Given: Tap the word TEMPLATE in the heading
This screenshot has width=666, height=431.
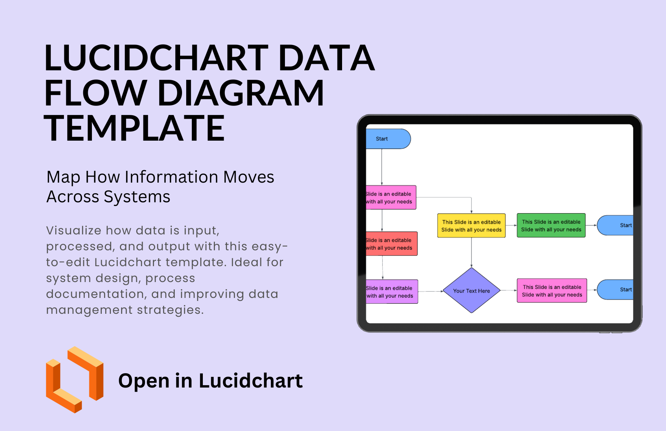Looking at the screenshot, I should tap(134, 129).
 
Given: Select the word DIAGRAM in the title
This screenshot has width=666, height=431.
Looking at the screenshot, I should tap(241, 93).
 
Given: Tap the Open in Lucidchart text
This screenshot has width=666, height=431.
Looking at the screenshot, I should tap(210, 381).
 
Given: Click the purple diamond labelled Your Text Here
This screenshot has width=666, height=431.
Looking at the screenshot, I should tap(471, 290).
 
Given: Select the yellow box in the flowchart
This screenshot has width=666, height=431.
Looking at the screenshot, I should tap(471, 226).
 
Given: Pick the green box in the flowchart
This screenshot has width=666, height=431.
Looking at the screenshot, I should tap(551, 226).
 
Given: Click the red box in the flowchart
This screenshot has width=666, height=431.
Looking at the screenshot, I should tap(391, 244).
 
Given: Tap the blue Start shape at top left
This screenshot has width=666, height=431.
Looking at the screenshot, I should tap(388, 139).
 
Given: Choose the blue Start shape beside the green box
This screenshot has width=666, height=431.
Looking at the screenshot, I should tap(615, 225).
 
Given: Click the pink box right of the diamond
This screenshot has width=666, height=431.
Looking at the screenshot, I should tap(552, 291).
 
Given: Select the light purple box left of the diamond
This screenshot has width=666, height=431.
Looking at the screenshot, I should tap(392, 291).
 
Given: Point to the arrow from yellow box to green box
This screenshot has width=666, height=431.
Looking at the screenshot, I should tap(511, 225).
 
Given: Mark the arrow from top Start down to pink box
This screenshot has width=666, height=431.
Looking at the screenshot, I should tap(382, 167).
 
